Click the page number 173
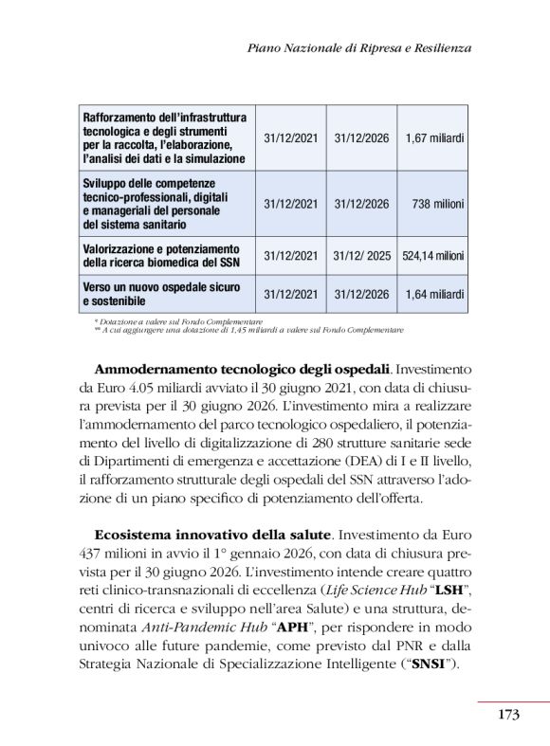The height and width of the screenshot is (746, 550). pos(508,715)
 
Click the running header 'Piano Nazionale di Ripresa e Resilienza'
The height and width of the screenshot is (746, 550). pos(358,46)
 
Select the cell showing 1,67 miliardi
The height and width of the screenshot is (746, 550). pos(434,138)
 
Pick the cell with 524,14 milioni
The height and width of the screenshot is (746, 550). pos(432,256)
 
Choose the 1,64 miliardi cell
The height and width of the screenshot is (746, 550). pos(434,295)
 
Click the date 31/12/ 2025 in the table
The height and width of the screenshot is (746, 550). pos(361,256)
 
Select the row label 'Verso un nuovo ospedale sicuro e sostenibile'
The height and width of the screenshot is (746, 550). pos(161,295)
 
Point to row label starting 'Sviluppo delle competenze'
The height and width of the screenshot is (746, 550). pos(161,204)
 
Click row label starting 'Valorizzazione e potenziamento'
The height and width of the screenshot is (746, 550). pos(161,256)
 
